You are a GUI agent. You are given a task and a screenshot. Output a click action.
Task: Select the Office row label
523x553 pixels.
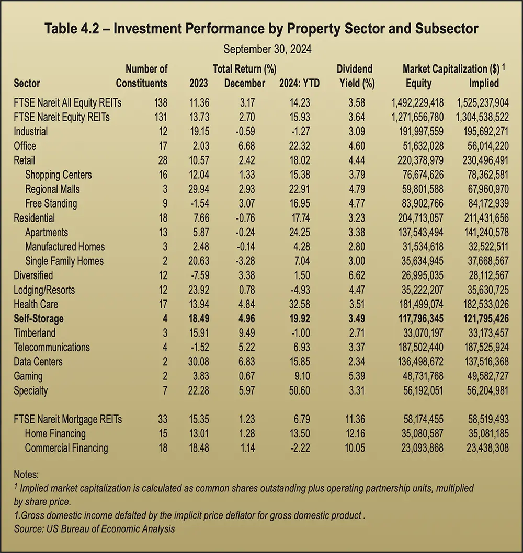tap(25, 146)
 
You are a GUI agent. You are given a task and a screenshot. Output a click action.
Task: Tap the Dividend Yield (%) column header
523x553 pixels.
tap(355, 76)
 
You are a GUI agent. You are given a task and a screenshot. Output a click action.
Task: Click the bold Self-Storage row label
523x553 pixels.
tap(38, 318)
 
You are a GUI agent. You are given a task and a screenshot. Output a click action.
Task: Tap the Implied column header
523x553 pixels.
tap(484, 83)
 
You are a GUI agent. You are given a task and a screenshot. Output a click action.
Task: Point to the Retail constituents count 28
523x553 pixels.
tap(162, 160)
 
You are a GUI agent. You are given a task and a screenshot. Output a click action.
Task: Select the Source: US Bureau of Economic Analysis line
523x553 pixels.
tap(94, 528)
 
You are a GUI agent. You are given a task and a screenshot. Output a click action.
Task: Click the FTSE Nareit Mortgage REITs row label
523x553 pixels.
tap(68, 419)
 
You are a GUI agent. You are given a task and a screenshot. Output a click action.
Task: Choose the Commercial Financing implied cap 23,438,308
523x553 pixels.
tap(483, 447)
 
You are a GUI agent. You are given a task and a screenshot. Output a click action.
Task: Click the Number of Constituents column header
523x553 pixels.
tap(142, 76)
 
